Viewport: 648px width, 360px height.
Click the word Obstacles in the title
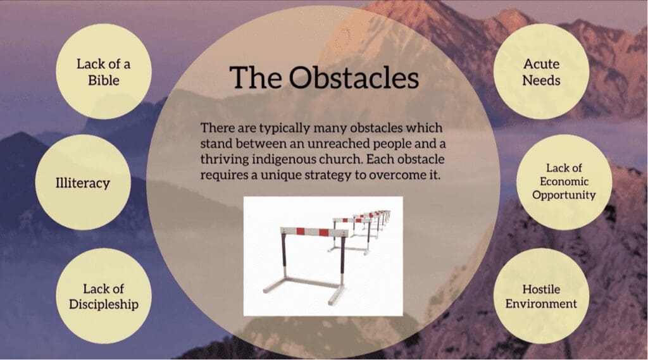point(354,77)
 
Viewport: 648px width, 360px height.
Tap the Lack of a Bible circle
point(104,71)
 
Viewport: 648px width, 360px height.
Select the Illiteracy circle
point(83,182)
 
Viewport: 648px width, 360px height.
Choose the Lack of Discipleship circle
point(104,296)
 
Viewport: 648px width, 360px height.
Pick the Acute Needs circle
point(542,71)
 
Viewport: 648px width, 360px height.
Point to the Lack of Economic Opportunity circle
point(564,182)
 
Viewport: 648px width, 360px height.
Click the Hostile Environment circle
point(542,296)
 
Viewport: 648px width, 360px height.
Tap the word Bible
point(104,80)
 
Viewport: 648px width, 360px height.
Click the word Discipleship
point(104,304)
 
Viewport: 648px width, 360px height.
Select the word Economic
point(564,182)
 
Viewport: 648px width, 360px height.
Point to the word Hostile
point(542,289)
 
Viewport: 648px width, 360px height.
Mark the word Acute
point(542,64)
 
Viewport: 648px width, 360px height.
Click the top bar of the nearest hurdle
point(314,232)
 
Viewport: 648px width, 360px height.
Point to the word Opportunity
point(564,195)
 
